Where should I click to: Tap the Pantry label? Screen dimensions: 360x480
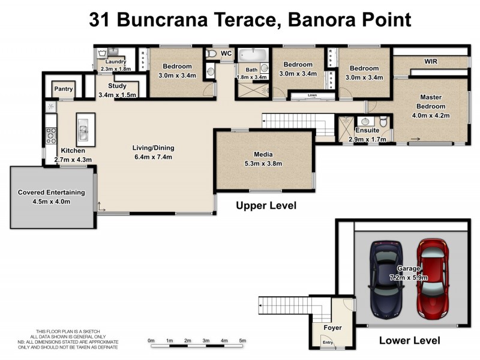point(63,89)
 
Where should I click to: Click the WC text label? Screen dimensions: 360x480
point(226,54)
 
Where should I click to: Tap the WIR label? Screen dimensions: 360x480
point(431,62)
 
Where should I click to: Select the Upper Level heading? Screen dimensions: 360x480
point(266,206)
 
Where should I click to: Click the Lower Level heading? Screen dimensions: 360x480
point(409,340)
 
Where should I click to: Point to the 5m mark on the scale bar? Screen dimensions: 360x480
point(242,341)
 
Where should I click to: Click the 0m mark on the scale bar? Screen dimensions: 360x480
point(151,341)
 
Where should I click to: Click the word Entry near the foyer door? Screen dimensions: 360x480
point(328,343)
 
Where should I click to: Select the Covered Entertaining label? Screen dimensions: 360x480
point(51,193)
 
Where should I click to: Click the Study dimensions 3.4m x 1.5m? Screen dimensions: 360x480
point(117,95)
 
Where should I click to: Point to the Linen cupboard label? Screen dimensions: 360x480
point(311,95)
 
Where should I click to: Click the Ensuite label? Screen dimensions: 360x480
point(367,130)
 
